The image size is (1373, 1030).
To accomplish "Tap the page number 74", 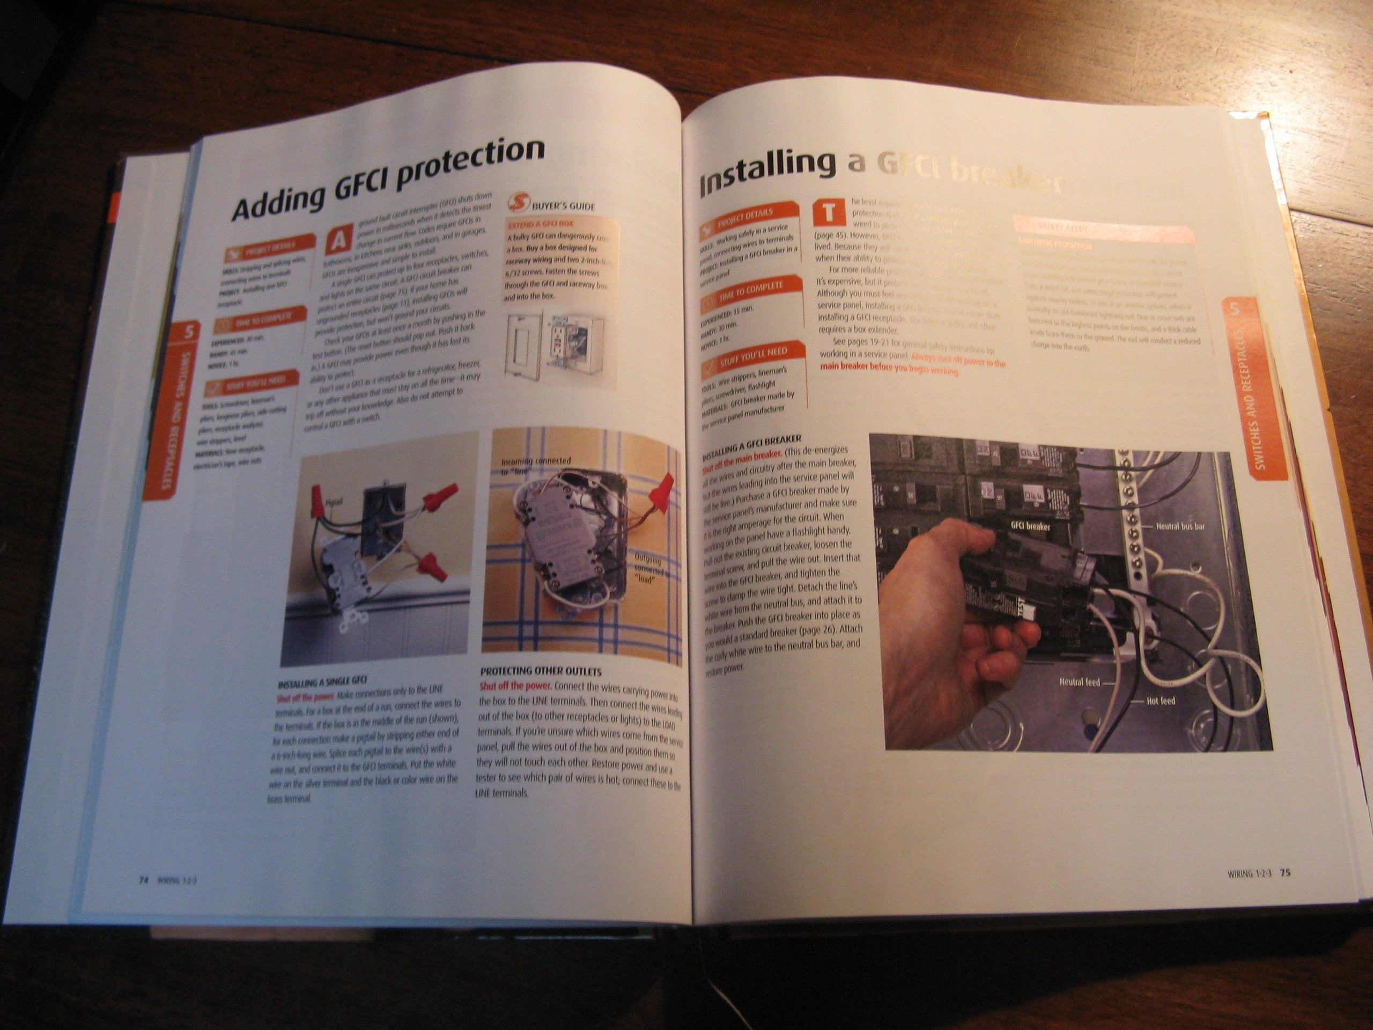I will (143, 879).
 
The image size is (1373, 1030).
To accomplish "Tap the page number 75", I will (1286, 873).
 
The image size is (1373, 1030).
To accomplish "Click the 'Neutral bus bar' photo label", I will (1180, 526).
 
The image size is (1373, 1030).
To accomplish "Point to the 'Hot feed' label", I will (1160, 701).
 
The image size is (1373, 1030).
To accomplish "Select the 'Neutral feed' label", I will (1080, 682).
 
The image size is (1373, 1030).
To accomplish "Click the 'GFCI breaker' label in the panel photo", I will (1030, 526).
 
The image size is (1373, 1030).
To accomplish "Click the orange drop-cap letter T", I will (829, 213).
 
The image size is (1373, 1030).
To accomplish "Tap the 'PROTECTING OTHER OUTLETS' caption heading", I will (540, 672).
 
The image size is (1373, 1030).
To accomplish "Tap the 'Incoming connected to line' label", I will (535, 466).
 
